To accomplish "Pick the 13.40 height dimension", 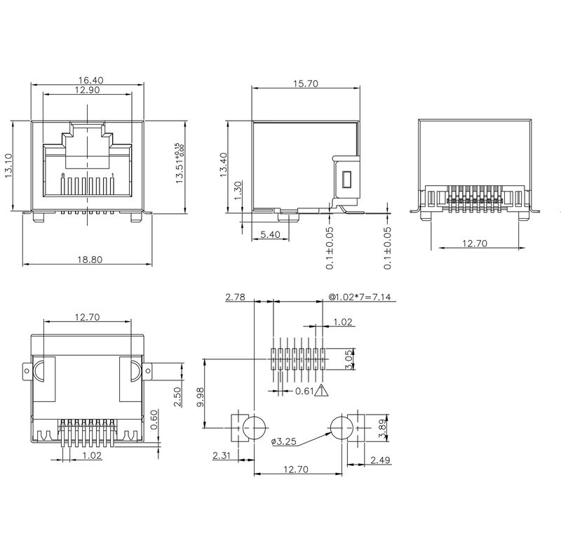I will (223, 166).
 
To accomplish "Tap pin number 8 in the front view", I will (62, 174).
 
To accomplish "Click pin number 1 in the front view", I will (113, 174).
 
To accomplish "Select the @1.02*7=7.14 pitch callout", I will (362, 298).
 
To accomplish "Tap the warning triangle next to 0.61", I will (321, 392).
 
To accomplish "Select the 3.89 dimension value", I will (380, 426).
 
